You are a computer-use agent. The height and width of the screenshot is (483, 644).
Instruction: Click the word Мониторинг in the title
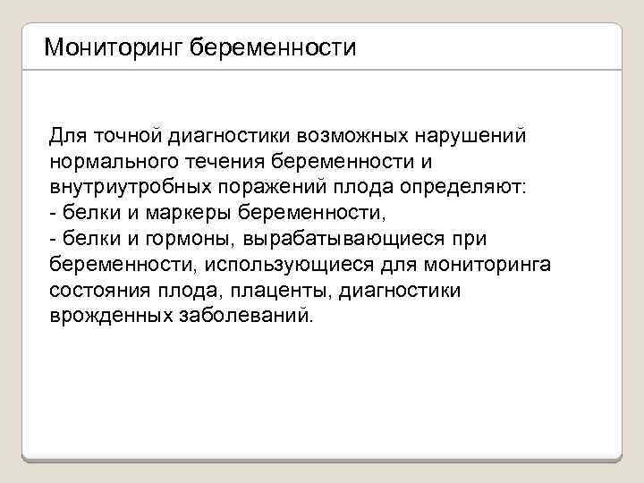(114, 47)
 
